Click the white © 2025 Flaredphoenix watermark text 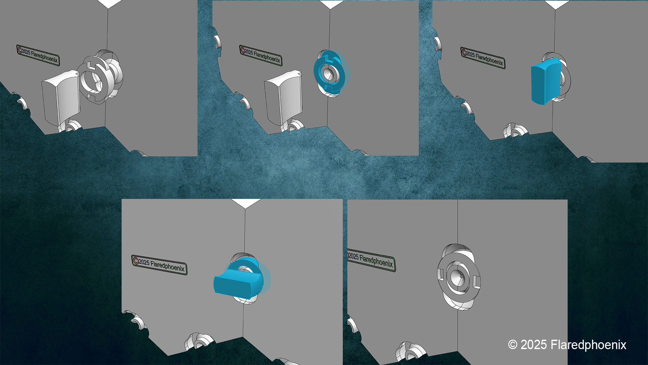pos(567,345)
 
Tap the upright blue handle pos(546,81)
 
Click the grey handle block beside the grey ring pos(61,97)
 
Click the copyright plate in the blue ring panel pos(260,55)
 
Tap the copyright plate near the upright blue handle pos(483,58)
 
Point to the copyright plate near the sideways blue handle pos(159,265)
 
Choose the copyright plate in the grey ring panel pos(38,55)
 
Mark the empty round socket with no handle pos(458,277)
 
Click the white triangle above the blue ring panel pos(330,4)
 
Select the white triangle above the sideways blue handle pos(246,203)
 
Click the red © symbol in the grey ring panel pos(20,50)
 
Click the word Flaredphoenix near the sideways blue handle pos(167,266)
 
